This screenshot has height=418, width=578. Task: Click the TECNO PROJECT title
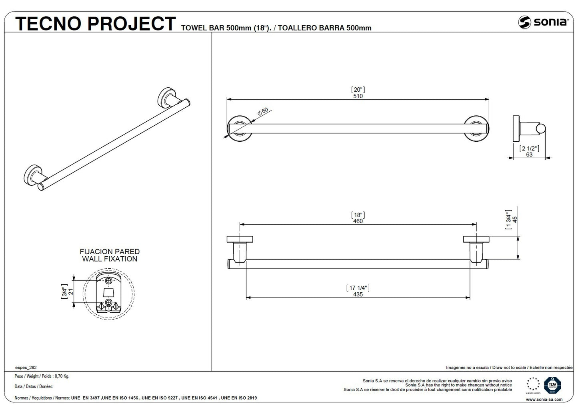pyautogui.click(x=95, y=24)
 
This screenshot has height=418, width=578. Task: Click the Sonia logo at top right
pyautogui.click(x=543, y=22)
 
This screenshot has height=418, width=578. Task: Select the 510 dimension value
pyautogui.click(x=358, y=96)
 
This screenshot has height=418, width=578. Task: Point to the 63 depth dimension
pyautogui.click(x=529, y=155)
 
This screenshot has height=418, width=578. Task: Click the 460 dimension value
pyautogui.click(x=358, y=221)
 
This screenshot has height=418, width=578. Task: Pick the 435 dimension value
pyautogui.click(x=358, y=294)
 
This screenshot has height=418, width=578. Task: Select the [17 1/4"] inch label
pyautogui.click(x=358, y=287)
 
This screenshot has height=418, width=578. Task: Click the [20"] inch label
pyautogui.click(x=358, y=90)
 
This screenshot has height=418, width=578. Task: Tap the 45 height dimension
pyautogui.click(x=515, y=219)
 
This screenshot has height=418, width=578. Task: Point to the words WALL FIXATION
pyautogui.click(x=110, y=259)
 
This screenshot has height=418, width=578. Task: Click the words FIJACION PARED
pyautogui.click(x=110, y=252)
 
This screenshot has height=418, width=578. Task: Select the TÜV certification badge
pyautogui.click(x=552, y=385)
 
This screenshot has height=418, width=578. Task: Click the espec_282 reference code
pyautogui.click(x=26, y=367)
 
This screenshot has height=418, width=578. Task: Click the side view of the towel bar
pyautogui.click(x=529, y=129)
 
